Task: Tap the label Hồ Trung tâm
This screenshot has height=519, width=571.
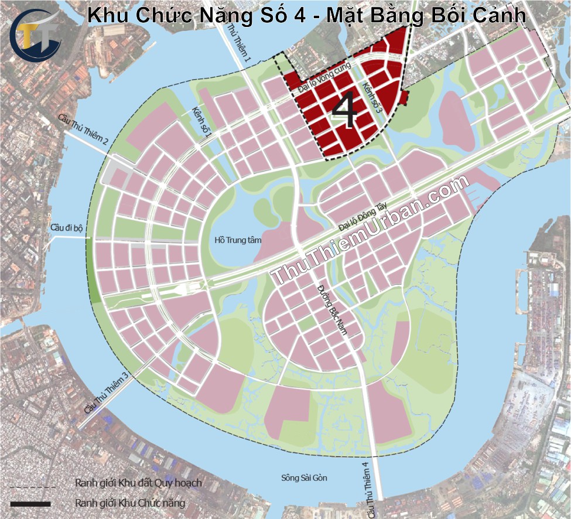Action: pos(238,240)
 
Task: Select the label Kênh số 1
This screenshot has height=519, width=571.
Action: pos(201,122)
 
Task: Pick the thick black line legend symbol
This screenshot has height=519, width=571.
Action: pos(30,503)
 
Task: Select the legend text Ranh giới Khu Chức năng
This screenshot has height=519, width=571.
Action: pos(129,503)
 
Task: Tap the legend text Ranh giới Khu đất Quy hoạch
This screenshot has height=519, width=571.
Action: pos(138,483)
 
